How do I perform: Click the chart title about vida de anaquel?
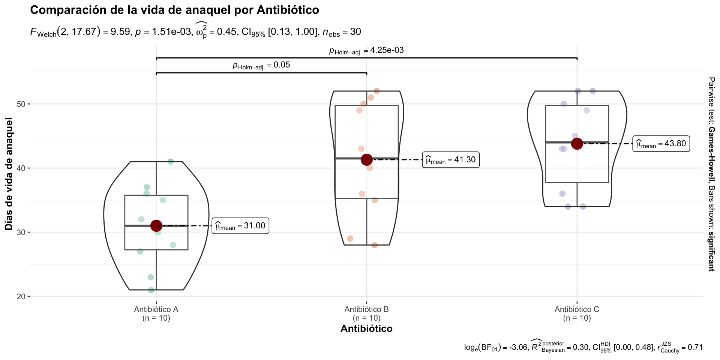pyautogui.click(x=174, y=10)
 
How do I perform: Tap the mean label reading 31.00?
pyautogui.click(x=240, y=226)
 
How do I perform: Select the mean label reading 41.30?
pyautogui.click(x=451, y=160)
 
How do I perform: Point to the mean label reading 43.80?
pyautogui.click(x=661, y=144)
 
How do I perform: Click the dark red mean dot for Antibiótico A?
pyautogui.click(x=156, y=226)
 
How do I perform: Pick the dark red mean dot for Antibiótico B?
pyautogui.click(x=367, y=160)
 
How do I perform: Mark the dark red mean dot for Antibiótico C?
pyautogui.click(x=577, y=144)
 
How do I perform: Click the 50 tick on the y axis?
pyautogui.click(x=21, y=104)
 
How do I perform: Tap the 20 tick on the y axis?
pyautogui.click(x=21, y=297)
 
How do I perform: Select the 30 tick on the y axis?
pyautogui.click(x=21, y=232)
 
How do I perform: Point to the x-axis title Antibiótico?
pyautogui.click(x=366, y=329)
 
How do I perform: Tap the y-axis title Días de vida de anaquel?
pyautogui.click(x=9, y=174)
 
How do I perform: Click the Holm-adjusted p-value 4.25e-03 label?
pyautogui.click(x=366, y=51)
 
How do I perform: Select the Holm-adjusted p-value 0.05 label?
pyautogui.click(x=261, y=65)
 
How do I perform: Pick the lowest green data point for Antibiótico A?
pyautogui.click(x=151, y=290)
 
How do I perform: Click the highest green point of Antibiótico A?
pyautogui.click(x=171, y=162)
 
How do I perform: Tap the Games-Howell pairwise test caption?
pyautogui.click(x=711, y=174)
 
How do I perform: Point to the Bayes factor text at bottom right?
pyautogui.click(x=583, y=348)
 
